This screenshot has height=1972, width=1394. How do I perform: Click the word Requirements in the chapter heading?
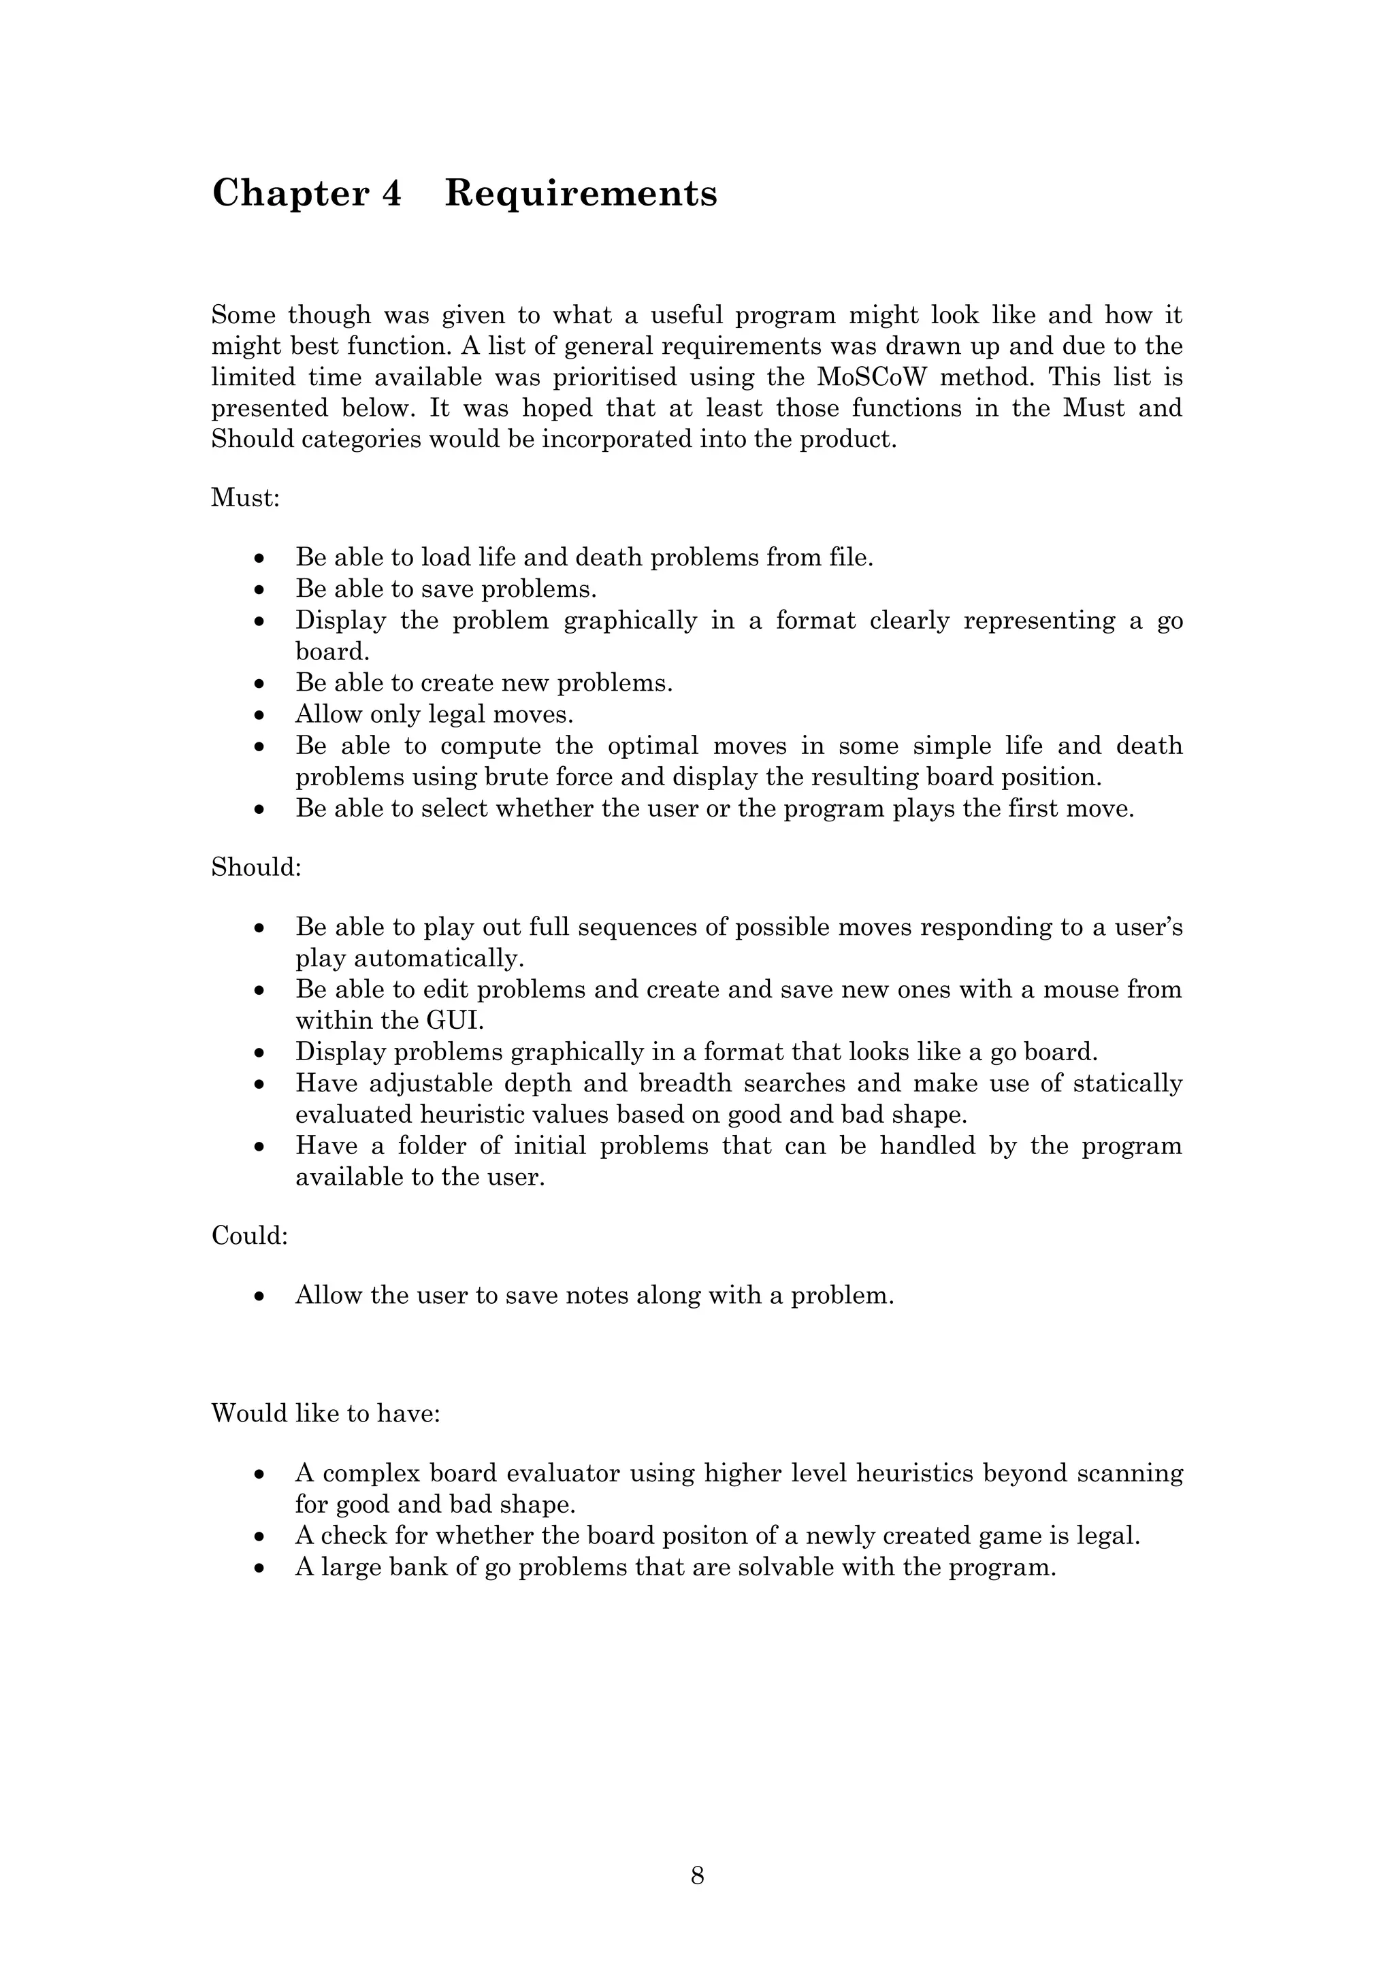pyautogui.click(x=581, y=193)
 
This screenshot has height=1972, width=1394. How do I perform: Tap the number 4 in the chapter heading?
pyautogui.click(x=391, y=193)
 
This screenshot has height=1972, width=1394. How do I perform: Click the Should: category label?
pyautogui.click(x=256, y=868)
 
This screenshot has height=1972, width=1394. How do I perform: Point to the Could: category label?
pyautogui.click(x=249, y=1236)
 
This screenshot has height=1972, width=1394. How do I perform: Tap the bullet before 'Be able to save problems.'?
pyautogui.click(x=260, y=590)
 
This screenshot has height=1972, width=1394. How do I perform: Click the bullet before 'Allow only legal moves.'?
pyautogui.click(x=260, y=714)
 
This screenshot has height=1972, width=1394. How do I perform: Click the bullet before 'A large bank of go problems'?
pyautogui.click(x=260, y=1568)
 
